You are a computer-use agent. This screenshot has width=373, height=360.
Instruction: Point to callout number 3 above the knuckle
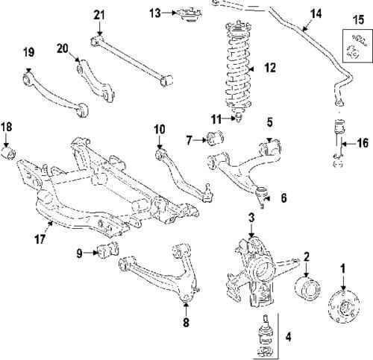point(251,217)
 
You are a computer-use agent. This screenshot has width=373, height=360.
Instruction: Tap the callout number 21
point(98,15)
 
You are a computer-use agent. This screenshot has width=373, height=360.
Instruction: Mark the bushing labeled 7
point(218,138)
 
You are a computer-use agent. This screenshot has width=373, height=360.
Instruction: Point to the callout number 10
point(159,129)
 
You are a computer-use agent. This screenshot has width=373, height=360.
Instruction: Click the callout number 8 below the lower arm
point(186,322)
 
